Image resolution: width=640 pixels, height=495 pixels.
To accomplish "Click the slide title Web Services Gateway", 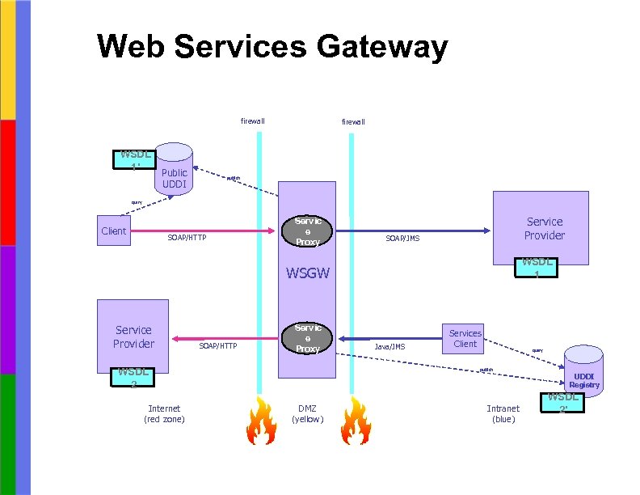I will click(272, 47).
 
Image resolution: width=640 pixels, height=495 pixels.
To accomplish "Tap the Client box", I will click(113, 231).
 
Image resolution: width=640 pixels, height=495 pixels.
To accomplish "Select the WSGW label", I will click(307, 273).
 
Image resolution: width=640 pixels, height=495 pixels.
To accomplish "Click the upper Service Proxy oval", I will click(308, 231).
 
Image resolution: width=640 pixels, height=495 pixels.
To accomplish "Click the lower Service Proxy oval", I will click(308, 338).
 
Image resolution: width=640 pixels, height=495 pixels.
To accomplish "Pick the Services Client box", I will click(465, 338).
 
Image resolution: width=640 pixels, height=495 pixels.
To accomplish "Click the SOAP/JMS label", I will click(402, 239).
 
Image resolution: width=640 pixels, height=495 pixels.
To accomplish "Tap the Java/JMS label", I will click(389, 346).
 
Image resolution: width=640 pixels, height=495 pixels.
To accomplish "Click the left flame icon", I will click(260, 421).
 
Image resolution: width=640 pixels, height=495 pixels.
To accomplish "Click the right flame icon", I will click(352, 421).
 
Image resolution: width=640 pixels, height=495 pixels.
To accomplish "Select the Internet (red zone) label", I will click(164, 413).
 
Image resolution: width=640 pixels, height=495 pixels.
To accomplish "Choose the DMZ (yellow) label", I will click(307, 413).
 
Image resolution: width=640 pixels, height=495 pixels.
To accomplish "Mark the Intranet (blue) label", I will click(503, 413).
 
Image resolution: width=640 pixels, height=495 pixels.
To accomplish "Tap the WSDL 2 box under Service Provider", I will click(133, 377).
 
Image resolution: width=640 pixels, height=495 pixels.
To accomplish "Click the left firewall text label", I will click(252, 121).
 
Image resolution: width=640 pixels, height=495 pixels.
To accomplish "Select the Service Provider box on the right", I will click(545, 228).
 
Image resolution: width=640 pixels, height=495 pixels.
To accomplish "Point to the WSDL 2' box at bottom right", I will click(563, 402).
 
